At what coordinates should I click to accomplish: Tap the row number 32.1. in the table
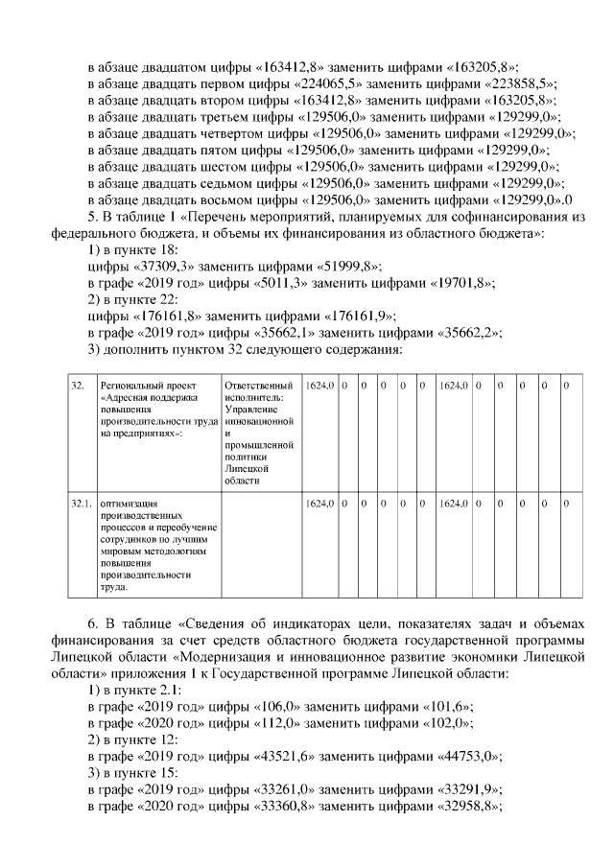[x=80, y=503]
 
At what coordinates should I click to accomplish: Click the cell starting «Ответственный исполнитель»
[x=257, y=432]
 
